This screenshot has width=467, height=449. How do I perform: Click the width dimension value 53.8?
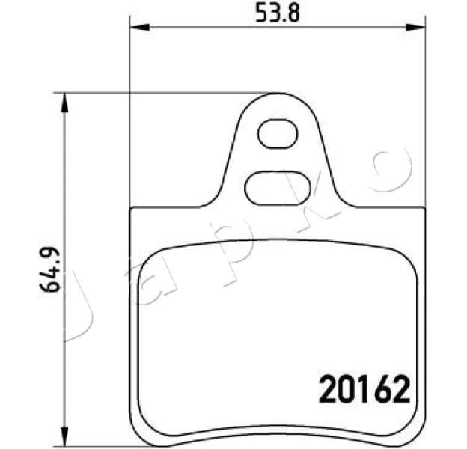click(x=277, y=13)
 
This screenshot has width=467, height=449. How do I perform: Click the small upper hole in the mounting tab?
click(x=277, y=135)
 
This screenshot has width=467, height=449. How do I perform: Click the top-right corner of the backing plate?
click(x=424, y=210)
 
